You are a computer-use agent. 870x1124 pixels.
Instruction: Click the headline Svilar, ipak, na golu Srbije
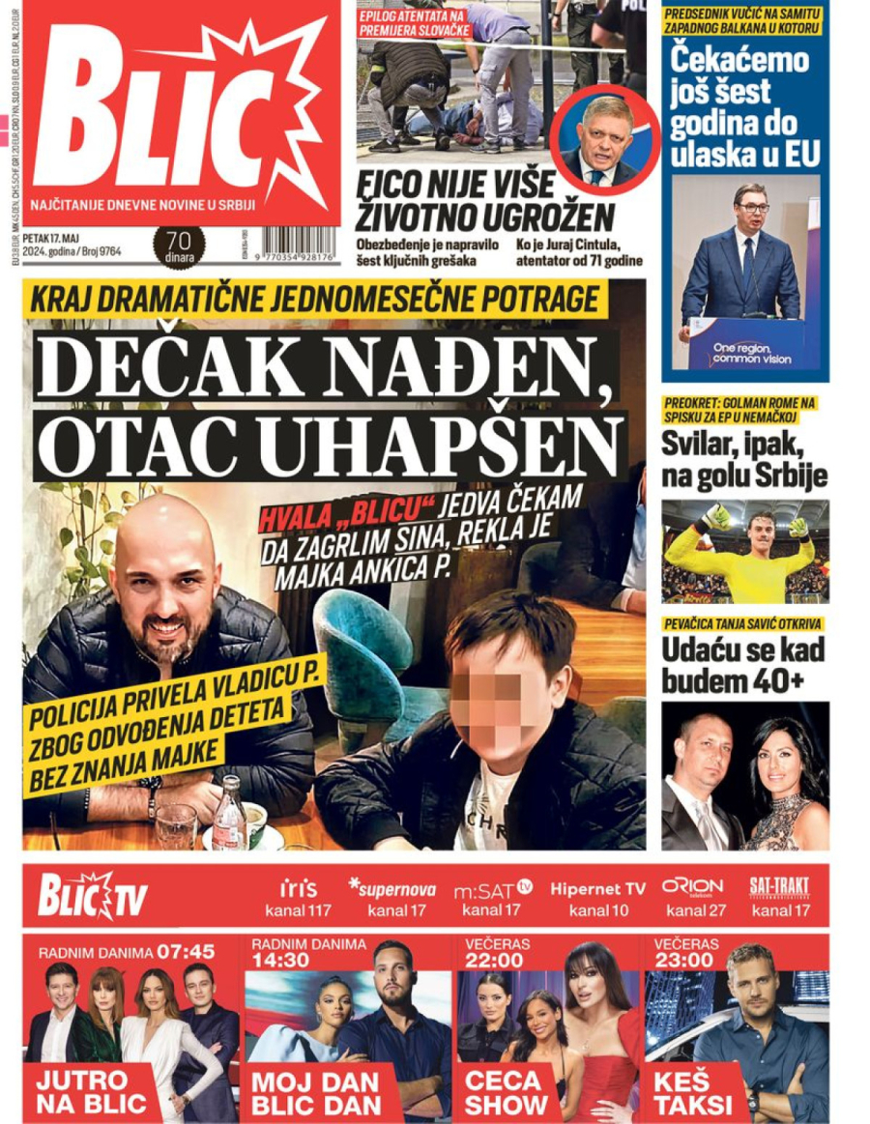click(744, 459)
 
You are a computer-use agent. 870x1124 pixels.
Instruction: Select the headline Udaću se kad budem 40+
click(744, 665)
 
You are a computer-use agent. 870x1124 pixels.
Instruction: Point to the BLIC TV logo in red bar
click(93, 894)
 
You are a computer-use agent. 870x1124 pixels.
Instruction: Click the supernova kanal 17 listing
click(391, 898)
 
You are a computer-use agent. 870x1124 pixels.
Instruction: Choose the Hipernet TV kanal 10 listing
click(596, 898)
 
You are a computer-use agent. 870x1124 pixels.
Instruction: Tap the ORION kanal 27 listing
click(692, 898)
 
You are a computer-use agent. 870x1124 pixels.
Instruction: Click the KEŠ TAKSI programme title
click(693, 1092)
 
